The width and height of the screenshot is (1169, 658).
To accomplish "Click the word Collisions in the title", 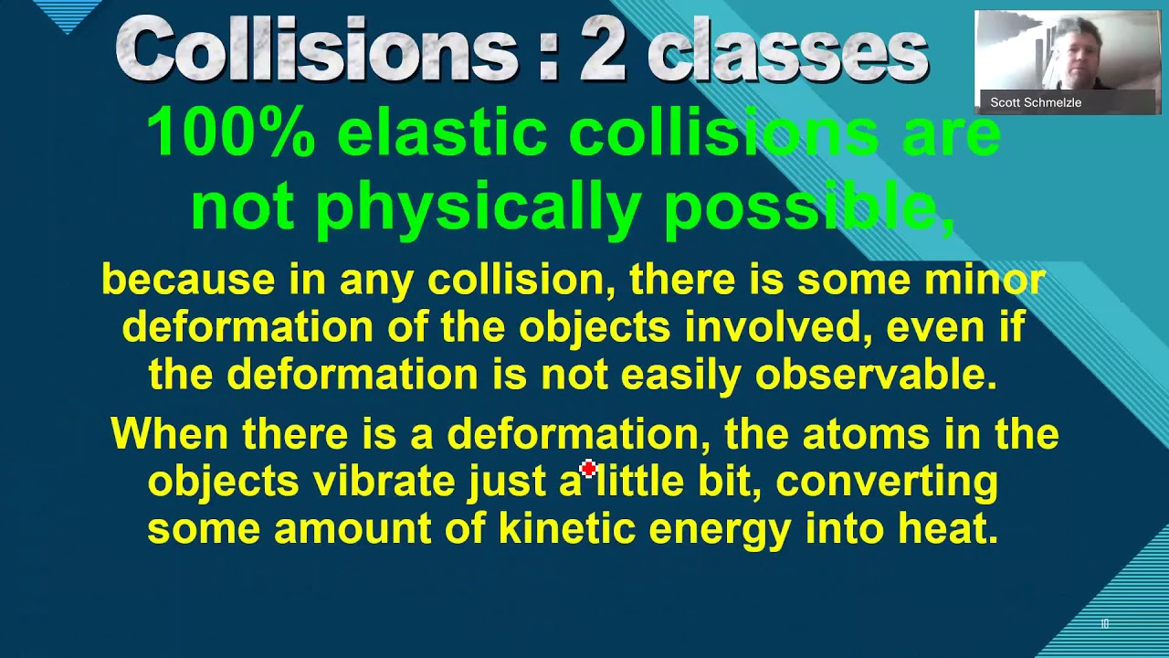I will click(317, 50).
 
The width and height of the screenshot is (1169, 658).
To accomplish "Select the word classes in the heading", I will click(787, 52).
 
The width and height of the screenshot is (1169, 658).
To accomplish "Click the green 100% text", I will click(230, 133).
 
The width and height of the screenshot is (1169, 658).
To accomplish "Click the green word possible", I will click(809, 208).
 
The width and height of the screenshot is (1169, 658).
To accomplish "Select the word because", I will click(188, 280).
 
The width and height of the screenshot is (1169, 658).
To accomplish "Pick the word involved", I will click(775, 327).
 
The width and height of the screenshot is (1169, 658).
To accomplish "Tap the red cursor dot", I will click(587, 469).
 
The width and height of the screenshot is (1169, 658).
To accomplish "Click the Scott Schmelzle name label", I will click(1036, 102).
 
